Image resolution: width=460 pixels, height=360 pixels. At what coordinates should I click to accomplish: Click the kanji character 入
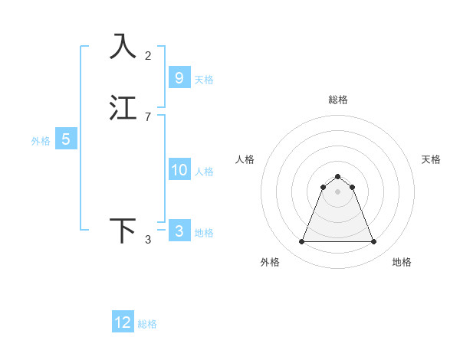pos(123,46)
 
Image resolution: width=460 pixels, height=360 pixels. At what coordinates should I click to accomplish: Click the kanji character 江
pos(123,108)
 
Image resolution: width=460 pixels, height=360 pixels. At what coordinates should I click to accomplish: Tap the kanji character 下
pos(123,231)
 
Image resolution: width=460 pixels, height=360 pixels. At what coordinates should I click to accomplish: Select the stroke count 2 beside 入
pos(148,55)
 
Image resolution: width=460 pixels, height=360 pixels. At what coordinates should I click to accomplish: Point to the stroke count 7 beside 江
pos(148,117)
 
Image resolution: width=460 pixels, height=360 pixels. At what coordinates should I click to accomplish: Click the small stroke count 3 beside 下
pos(148,240)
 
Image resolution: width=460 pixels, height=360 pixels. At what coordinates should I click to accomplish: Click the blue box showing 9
pos(179,78)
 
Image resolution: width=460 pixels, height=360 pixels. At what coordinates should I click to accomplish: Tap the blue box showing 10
pos(179,170)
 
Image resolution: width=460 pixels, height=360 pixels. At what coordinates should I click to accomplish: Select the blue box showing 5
pos(66,139)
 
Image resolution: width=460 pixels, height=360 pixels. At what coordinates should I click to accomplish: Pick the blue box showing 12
pos(123,322)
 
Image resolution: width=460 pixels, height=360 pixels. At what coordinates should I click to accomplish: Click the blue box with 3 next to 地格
pos(179,231)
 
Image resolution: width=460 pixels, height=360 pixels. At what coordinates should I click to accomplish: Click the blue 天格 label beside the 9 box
pos(204,80)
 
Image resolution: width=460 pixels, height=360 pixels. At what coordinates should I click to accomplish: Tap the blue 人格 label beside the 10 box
pos(204,172)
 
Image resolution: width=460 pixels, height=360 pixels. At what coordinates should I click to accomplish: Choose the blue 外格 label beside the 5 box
pos(41,141)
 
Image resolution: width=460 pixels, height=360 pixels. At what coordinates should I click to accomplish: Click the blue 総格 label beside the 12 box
pos(147,324)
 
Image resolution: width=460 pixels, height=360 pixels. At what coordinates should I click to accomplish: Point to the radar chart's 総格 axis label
pos(338,100)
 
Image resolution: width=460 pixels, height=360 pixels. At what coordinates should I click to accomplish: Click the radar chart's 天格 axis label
pos(431,159)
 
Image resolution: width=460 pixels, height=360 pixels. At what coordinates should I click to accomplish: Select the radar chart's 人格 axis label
pos(245,159)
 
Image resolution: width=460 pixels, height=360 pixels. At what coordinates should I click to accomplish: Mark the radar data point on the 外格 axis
pos(301,242)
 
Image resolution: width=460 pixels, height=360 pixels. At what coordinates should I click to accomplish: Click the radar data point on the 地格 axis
pos(374,242)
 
